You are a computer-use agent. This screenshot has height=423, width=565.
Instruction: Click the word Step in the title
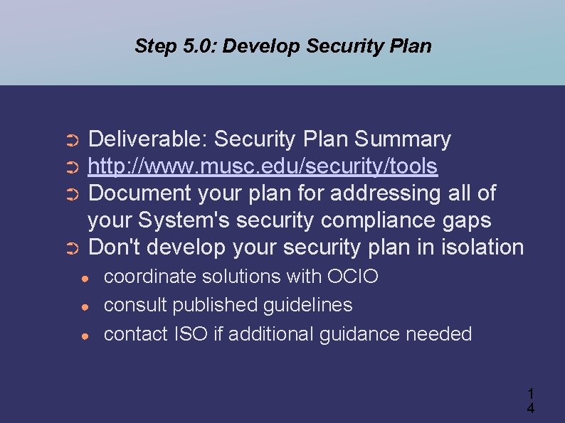pos(154,47)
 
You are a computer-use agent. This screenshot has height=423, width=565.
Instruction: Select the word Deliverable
pos(147,139)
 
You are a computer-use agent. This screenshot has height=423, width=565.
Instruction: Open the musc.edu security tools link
pos(263,166)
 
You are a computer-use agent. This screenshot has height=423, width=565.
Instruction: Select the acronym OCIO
pos(353,277)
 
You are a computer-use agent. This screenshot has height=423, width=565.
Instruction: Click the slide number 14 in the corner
pos(530,400)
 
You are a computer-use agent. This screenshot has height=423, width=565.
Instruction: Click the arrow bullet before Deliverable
pos(70,140)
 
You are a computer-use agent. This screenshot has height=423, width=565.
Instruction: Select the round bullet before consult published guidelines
pos(85,306)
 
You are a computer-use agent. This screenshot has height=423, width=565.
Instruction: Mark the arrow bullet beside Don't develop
pos(70,249)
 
